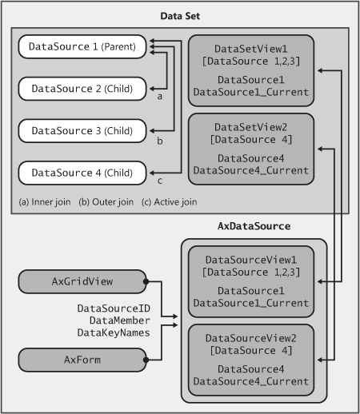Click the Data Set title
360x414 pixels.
tap(180, 16)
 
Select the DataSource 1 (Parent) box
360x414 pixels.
tap(82, 46)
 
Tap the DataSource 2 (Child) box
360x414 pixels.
tap(82, 89)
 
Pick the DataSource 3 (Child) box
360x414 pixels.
tap(82, 131)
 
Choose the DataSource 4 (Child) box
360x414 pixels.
tap(82, 173)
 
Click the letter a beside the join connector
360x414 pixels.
tap(159, 97)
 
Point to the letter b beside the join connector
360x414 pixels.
tap(159, 141)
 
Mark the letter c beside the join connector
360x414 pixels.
tap(159, 181)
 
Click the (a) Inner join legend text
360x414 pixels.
tap(45, 202)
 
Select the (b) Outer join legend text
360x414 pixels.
tap(106, 202)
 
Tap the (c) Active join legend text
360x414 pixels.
tap(170, 202)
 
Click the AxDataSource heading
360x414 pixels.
tap(254, 226)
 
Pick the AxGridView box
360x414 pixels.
tap(82, 281)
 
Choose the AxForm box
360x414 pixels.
tap(82, 360)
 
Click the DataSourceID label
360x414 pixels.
tap(114, 309)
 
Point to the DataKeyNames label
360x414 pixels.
tap(114, 332)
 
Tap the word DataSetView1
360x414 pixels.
tap(251, 49)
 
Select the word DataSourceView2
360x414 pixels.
tap(251, 338)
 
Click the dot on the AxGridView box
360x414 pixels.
tap(146, 281)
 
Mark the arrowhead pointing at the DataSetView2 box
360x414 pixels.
tap(321, 149)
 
